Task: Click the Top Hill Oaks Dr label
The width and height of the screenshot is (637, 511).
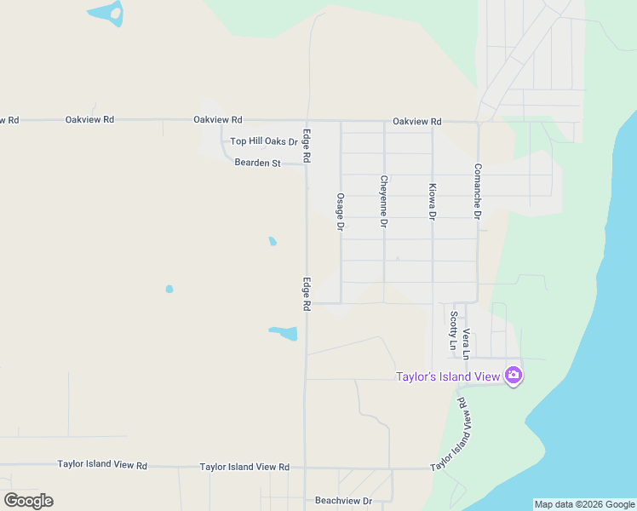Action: coord(264,141)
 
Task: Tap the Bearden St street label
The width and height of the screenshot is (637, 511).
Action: coord(257,163)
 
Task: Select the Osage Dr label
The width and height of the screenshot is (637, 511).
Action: coord(340,212)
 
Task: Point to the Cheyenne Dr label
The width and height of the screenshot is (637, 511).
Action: coord(384,201)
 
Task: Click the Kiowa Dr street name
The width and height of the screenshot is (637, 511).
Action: coord(433,202)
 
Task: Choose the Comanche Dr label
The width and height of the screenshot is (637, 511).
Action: coord(478,192)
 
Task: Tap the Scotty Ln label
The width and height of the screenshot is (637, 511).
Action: coord(452,330)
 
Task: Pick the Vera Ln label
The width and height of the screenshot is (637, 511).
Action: coord(466,341)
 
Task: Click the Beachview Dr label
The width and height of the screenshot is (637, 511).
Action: coord(343,501)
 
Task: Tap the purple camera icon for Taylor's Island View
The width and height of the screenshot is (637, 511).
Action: coord(513,375)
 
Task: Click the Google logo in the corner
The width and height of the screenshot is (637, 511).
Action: coord(28,501)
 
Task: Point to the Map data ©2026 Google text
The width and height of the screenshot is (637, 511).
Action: coord(584,504)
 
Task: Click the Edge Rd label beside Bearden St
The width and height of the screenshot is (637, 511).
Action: coord(306,146)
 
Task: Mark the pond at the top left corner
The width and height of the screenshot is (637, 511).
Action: coord(106,13)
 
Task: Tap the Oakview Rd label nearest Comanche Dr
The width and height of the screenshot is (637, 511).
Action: coord(417,121)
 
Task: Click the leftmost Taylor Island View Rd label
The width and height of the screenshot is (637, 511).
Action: coord(102,466)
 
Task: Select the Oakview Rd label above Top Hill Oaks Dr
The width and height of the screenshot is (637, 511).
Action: coord(218,120)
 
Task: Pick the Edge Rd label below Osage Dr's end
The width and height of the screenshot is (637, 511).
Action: coord(306,292)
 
